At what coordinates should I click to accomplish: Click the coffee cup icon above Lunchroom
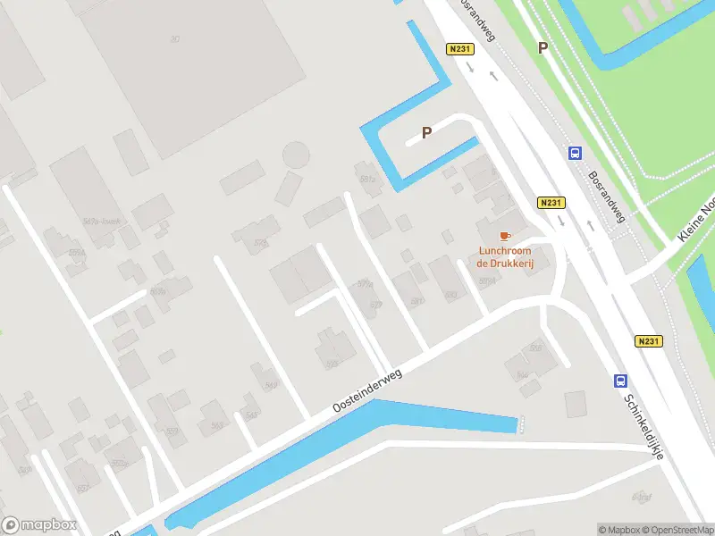click(505, 236)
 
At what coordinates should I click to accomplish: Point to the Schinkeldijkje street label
click(643, 427)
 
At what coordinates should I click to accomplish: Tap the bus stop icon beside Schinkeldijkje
click(620, 381)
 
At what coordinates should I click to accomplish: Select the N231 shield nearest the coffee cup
click(550, 204)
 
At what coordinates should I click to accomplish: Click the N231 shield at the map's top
click(459, 49)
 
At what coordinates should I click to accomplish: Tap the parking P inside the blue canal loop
click(427, 132)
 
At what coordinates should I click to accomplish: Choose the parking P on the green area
click(542, 48)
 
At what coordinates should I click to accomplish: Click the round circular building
click(296, 155)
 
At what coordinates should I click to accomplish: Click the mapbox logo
click(39, 525)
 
